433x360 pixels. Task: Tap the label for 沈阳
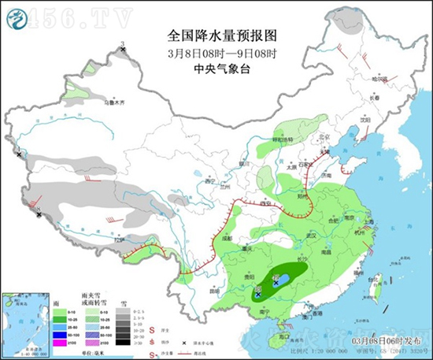[365, 120]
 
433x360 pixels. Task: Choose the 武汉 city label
[311, 235]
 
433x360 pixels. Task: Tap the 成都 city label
[228, 236]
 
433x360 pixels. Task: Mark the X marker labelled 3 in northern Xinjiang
[124, 50]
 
